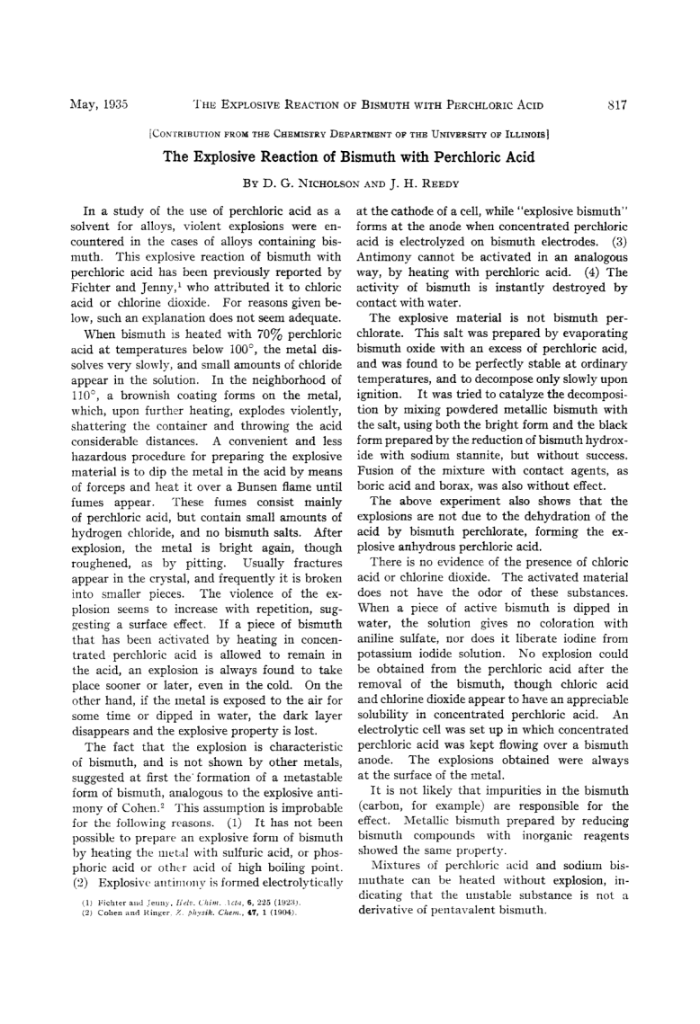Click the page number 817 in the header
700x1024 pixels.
tap(617, 104)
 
